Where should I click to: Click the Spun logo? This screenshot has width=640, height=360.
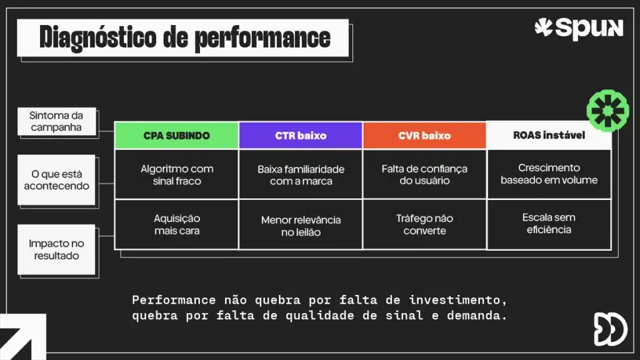click(579, 28)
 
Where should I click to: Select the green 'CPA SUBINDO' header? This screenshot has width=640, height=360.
click(176, 136)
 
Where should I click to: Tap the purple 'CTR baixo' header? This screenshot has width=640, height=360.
click(301, 136)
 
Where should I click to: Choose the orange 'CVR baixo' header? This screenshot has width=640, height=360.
click(424, 136)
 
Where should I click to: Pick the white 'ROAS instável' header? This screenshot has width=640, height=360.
click(549, 135)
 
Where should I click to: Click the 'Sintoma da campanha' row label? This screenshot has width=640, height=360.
click(56, 121)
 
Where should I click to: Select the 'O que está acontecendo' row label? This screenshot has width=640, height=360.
click(56, 180)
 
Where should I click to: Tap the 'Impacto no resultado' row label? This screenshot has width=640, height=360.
click(56, 249)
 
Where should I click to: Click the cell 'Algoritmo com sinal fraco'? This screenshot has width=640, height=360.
click(176, 174)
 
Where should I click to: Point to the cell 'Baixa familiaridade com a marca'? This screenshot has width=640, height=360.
click(301, 175)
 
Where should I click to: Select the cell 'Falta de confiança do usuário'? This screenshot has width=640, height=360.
click(424, 174)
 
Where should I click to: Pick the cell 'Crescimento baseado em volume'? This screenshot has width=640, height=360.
click(549, 174)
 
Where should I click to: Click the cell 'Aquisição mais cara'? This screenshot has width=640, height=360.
click(176, 224)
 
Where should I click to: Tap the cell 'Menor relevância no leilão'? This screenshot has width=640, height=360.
click(301, 226)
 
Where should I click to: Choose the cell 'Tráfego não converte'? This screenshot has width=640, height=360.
click(424, 224)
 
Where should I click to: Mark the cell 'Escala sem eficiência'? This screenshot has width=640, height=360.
click(549, 223)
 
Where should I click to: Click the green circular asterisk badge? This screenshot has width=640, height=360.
click(607, 111)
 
